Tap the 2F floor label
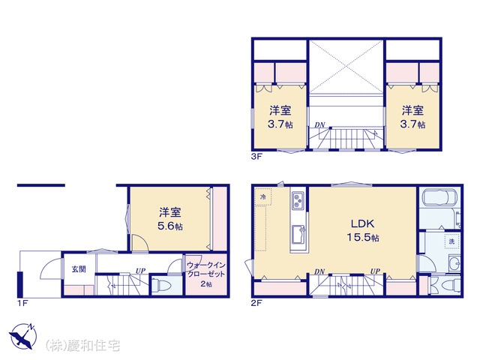tap(256, 303)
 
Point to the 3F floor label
tap(256, 157)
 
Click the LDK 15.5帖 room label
tap(363, 230)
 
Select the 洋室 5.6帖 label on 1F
tap(170, 219)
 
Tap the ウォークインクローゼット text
tap(206, 269)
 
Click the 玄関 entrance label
tap(79, 269)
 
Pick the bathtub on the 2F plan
tap(439, 196)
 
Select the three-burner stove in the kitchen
tap(298, 201)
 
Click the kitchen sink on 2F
tap(298, 234)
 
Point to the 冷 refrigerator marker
tap(262, 196)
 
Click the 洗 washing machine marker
tap(451, 241)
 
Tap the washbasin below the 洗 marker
tap(454, 262)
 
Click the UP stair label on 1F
tap(140, 271)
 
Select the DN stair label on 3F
tap(320, 125)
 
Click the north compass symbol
tap(23, 336)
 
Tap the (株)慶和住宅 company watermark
tap(82, 346)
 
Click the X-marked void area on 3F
tap(346, 67)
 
